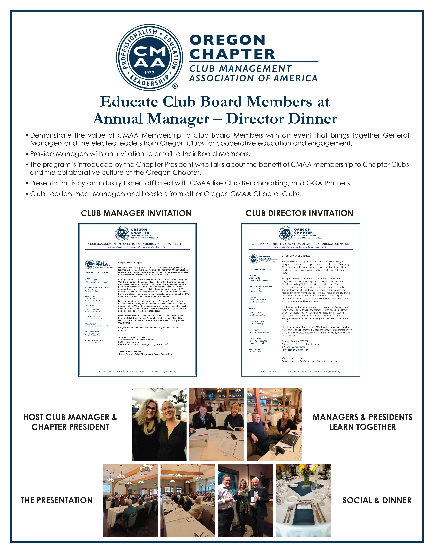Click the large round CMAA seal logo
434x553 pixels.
pos(149,57)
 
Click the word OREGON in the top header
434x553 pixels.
pos(227,40)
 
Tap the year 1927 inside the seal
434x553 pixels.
pos(149,73)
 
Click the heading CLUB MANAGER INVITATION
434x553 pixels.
pos(136,213)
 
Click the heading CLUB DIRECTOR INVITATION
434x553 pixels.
pos(299,213)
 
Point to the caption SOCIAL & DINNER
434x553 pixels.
pos(377,500)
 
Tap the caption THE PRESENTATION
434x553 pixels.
pos(57,500)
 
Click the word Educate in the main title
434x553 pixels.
pos(129,102)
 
